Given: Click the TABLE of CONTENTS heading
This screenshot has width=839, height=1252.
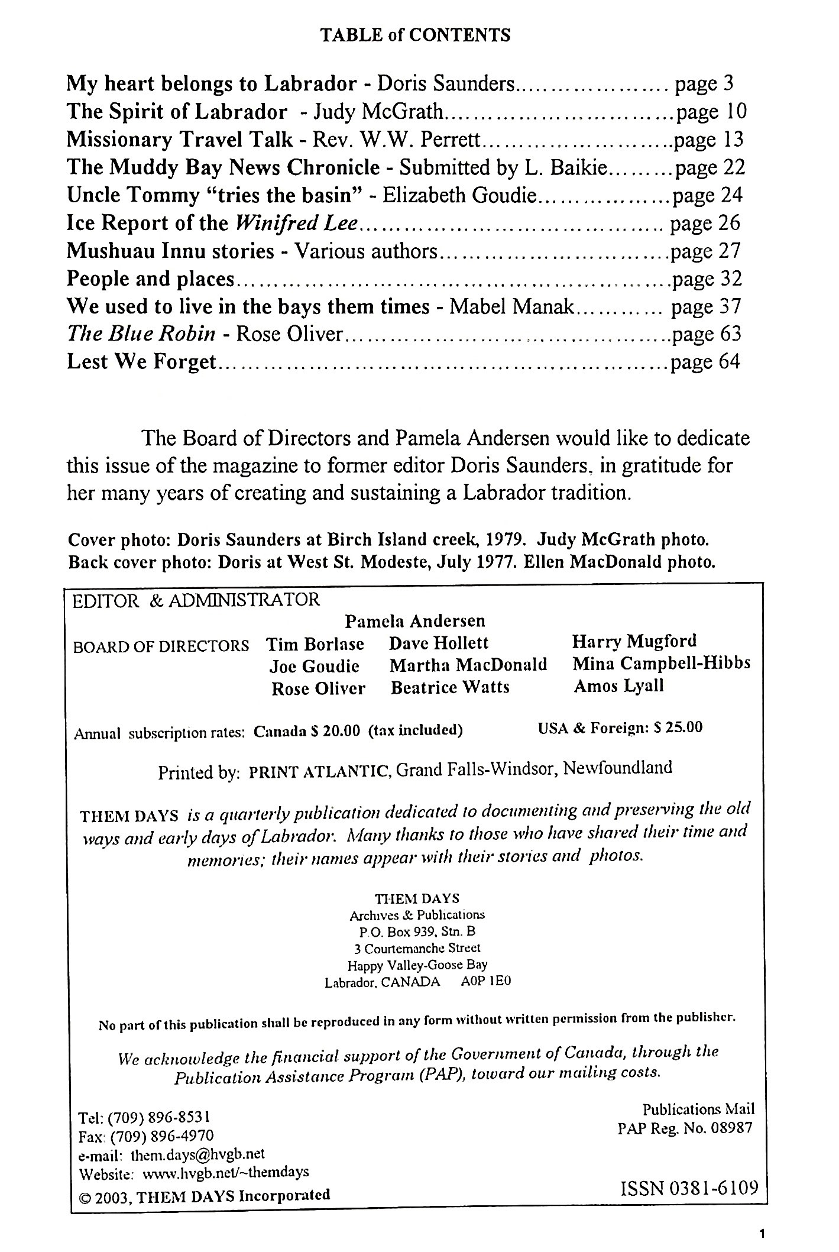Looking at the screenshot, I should tap(415, 35).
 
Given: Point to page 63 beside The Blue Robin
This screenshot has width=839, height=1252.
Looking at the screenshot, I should tap(706, 334).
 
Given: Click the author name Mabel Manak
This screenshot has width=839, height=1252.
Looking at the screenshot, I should tap(511, 306).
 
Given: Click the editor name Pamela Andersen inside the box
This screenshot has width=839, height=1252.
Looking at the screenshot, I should tap(415, 621).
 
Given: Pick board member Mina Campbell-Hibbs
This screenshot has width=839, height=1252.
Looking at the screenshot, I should tap(661, 664).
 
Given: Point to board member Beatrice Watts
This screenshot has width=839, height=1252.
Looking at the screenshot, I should tap(450, 687).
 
